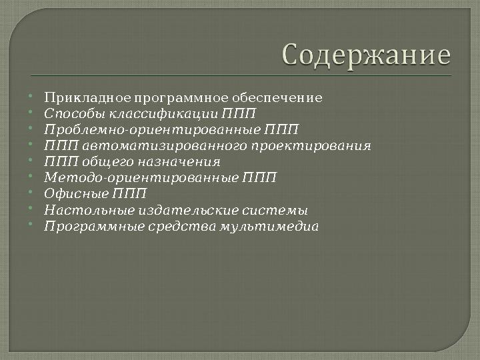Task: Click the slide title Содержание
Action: (x=366, y=55)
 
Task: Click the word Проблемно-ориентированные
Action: (x=153, y=130)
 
